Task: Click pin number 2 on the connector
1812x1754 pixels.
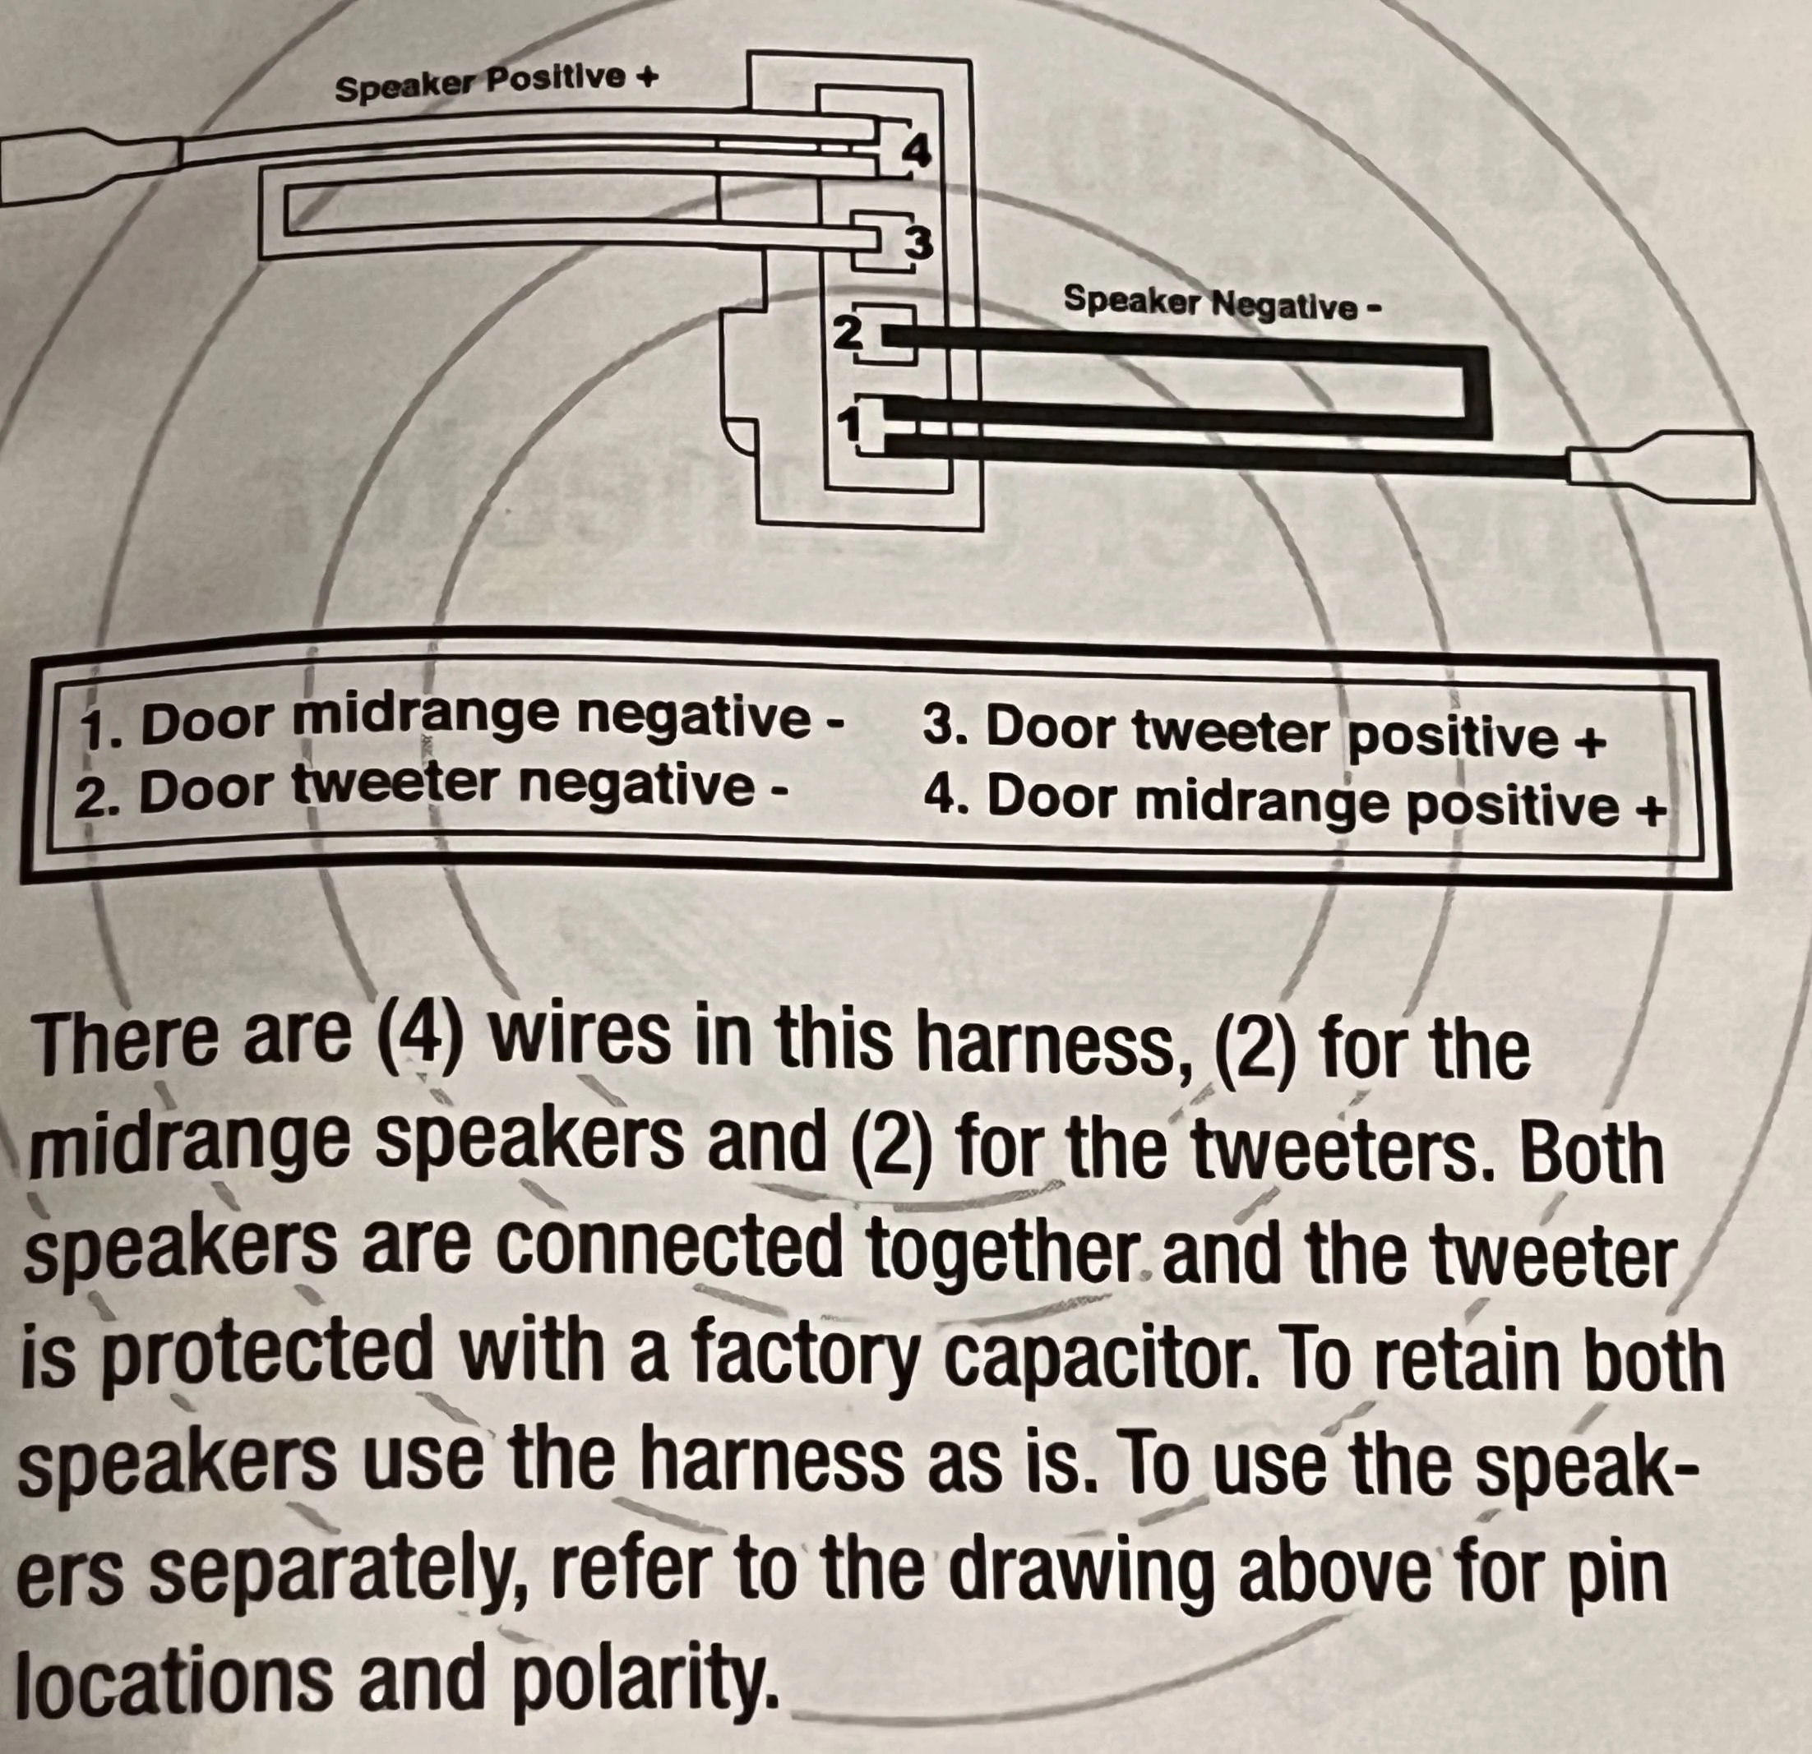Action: (x=845, y=333)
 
